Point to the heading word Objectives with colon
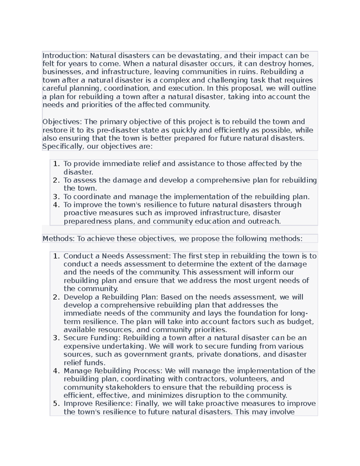coord(62,122)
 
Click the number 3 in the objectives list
coord(56,197)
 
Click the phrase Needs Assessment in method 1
coord(136,256)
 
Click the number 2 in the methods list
coord(56,297)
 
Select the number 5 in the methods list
coord(56,404)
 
